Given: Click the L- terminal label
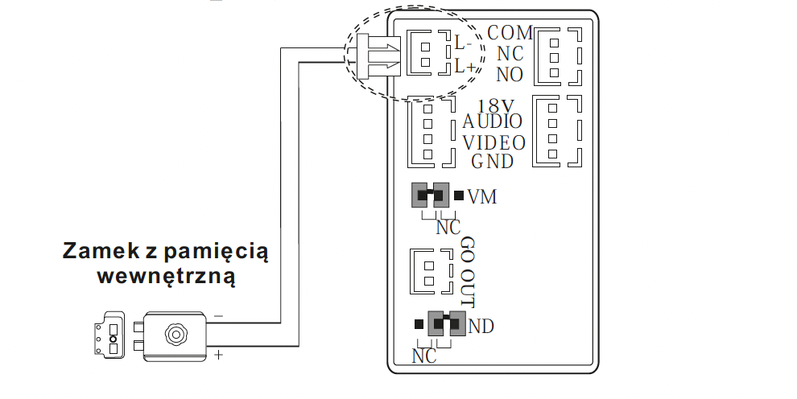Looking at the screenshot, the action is (463, 43).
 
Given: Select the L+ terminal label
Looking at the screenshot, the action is (465, 66).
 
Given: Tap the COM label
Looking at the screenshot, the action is (510, 33).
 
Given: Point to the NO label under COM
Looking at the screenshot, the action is (510, 75).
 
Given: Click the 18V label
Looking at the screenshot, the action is (496, 106).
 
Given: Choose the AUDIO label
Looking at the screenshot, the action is (492, 121).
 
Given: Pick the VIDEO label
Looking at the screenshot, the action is (493, 143).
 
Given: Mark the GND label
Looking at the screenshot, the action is (492, 162).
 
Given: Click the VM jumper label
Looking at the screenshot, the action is (482, 196).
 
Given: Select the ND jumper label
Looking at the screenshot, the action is (481, 326).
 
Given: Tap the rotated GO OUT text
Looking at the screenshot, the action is (468, 272).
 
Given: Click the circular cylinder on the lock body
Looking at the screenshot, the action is (176, 335).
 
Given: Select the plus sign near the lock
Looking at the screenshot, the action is (218, 354).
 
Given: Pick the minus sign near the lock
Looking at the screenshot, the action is (218, 316).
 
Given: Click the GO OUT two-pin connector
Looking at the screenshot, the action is (431, 272).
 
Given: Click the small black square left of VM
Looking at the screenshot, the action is (459, 195).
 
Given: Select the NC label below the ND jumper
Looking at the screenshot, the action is (424, 356).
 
